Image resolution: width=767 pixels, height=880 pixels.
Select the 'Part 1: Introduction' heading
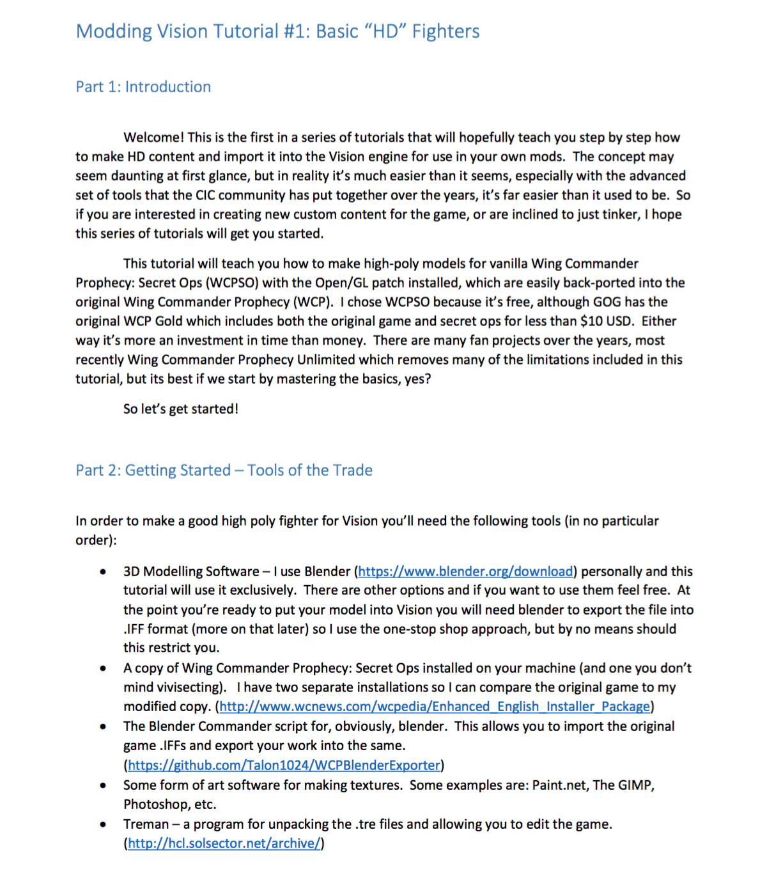click(143, 87)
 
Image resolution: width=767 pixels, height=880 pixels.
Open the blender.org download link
click(465, 572)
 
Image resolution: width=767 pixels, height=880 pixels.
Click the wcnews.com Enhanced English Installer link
click(435, 707)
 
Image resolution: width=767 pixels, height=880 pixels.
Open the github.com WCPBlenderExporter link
click(284, 766)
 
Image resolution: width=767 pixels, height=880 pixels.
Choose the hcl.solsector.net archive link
click(224, 844)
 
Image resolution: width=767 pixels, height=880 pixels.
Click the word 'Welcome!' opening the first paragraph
click(153, 137)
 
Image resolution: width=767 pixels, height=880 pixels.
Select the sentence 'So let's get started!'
click(181, 409)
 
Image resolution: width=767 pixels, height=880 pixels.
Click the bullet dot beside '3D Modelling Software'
click(103, 572)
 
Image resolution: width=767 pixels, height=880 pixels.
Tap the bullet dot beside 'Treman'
click(103, 824)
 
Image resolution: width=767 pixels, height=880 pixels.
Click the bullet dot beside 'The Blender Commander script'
click(103, 727)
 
